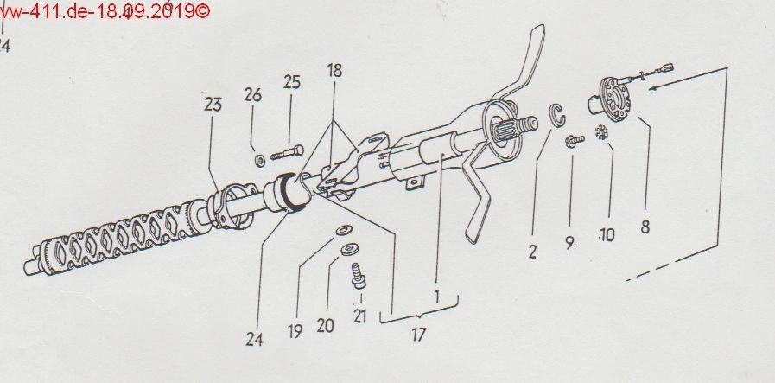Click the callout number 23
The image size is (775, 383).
(x=213, y=105)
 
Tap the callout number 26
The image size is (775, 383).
(x=252, y=95)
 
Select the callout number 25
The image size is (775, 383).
(x=292, y=82)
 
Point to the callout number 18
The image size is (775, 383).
(x=334, y=70)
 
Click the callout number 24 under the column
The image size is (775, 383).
(x=254, y=339)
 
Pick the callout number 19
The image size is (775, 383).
(x=295, y=331)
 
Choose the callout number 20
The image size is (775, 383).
(x=325, y=326)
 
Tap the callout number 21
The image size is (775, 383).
(x=359, y=316)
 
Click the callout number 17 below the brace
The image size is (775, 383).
(x=418, y=335)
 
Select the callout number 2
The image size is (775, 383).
(x=532, y=252)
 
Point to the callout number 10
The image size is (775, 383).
(x=607, y=234)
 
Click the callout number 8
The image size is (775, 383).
(x=645, y=227)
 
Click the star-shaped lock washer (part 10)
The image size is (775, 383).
(x=602, y=132)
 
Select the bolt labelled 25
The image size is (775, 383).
(x=287, y=152)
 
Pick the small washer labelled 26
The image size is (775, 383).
(x=259, y=160)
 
